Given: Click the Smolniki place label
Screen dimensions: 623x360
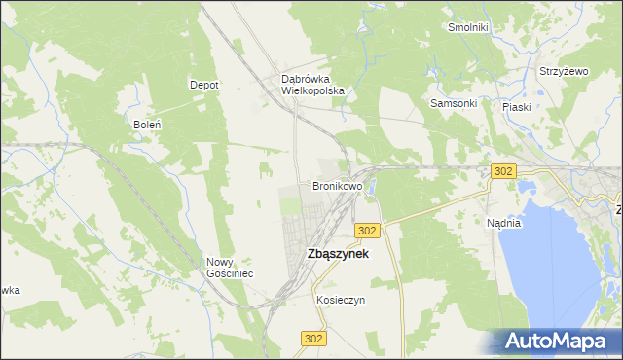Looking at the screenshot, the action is (466, 27).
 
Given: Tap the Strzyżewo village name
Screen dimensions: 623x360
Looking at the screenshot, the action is (565, 72).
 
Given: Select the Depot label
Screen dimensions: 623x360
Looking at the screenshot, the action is (203, 85).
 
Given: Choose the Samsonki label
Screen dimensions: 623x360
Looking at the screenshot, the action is (453, 103).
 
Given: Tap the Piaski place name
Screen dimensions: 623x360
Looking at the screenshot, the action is (516, 107).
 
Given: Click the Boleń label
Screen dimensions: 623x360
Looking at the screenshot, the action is (146, 125).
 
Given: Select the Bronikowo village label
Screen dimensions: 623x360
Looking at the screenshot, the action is (337, 185).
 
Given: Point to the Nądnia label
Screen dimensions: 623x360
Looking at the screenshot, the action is (503, 223).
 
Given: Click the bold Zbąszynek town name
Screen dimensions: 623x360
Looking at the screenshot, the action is (323, 253).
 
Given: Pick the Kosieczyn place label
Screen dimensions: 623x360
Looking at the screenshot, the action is (340, 300).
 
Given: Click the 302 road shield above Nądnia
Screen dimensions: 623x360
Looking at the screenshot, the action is (502, 170).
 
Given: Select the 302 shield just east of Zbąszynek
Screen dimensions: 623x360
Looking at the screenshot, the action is (367, 230).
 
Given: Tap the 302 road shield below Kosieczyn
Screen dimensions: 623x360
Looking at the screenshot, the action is (311, 338).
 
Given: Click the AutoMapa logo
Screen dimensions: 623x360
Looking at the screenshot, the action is (554, 342).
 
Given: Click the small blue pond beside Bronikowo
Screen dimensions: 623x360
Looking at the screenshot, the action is (372, 184).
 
